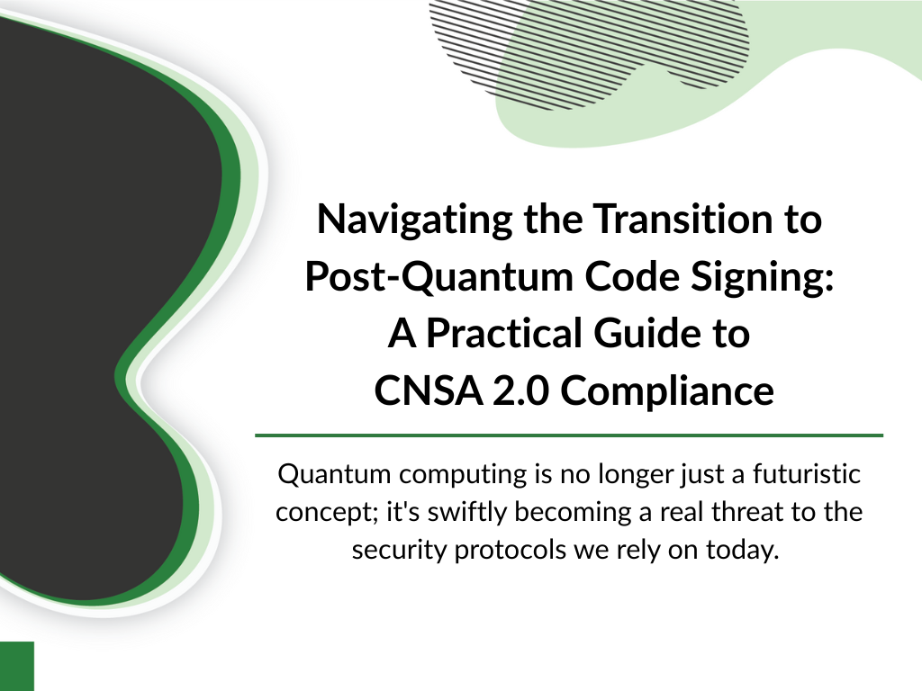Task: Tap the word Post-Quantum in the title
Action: [439, 277]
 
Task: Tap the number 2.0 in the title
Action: [520, 390]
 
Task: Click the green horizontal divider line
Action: [569, 435]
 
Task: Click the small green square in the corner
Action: [17, 667]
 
